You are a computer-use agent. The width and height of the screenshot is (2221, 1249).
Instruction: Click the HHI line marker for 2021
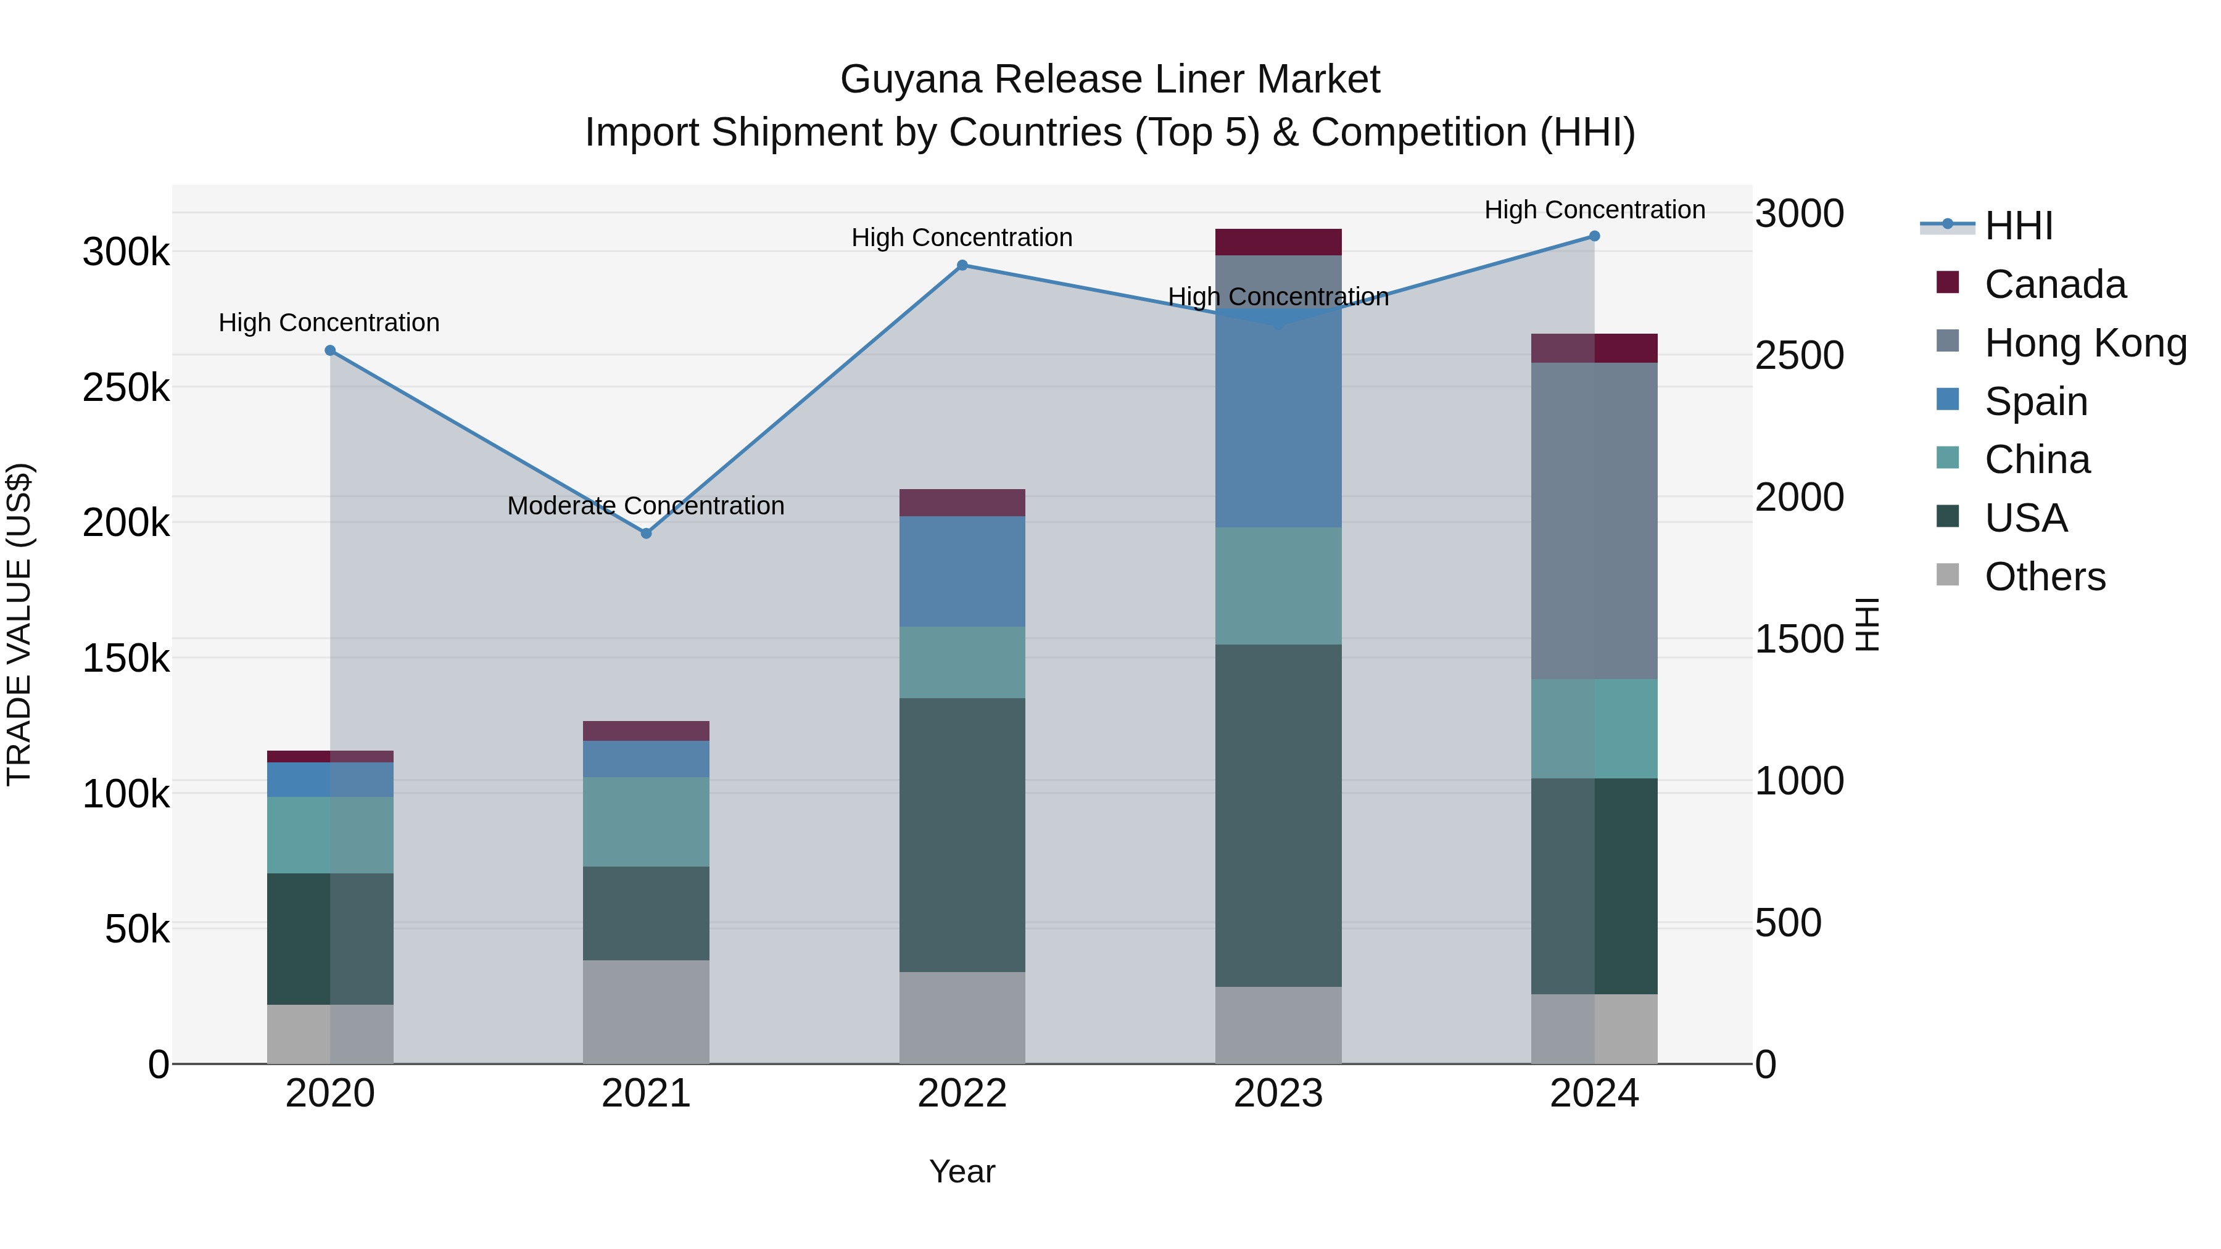[646, 534]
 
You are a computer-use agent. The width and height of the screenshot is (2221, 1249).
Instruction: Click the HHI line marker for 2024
[1594, 236]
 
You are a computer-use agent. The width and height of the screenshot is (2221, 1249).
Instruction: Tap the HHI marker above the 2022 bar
[962, 265]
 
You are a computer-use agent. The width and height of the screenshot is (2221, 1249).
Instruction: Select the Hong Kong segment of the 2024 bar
[1594, 521]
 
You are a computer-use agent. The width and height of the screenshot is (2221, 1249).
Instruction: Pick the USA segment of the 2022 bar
[962, 835]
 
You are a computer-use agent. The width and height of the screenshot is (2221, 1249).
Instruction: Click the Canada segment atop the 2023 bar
[1279, 242]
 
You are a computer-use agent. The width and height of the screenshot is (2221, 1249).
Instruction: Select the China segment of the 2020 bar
[330, 835]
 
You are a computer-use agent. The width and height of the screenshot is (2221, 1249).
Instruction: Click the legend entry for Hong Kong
[2085, 343]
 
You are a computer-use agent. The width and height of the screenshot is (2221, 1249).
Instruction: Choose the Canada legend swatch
[1948, 282]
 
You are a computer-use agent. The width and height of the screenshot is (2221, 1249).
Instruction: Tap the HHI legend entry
[2017, 226]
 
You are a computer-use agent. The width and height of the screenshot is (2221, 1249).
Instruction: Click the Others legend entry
[2045, 577]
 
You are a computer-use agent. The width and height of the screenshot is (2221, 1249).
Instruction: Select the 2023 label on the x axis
[1279, 1094]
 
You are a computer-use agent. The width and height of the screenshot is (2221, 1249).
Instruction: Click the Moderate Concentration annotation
[646, 505]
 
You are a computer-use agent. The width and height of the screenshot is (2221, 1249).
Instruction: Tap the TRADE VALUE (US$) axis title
[19, 624]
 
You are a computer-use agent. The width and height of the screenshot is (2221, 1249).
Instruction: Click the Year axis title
[962, 1171]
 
